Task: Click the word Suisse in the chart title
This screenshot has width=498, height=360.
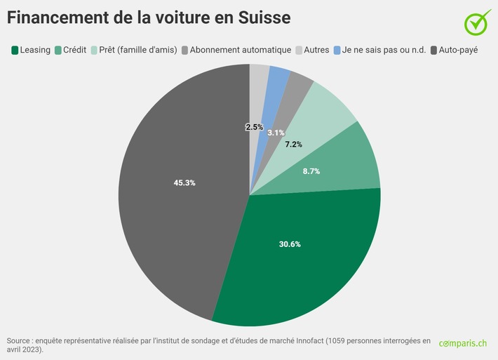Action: [257, 17]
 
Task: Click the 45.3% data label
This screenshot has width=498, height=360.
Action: [184, 182]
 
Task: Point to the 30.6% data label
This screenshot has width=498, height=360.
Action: [289, 244]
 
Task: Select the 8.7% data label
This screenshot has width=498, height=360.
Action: [311, 171]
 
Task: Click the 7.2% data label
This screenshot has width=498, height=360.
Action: [294, 144]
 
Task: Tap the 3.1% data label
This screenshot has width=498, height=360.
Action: [276, 133]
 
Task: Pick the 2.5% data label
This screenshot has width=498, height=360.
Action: [254, 127]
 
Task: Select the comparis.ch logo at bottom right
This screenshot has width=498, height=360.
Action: [463, 343]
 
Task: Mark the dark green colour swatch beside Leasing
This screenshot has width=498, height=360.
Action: [14, 50]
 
